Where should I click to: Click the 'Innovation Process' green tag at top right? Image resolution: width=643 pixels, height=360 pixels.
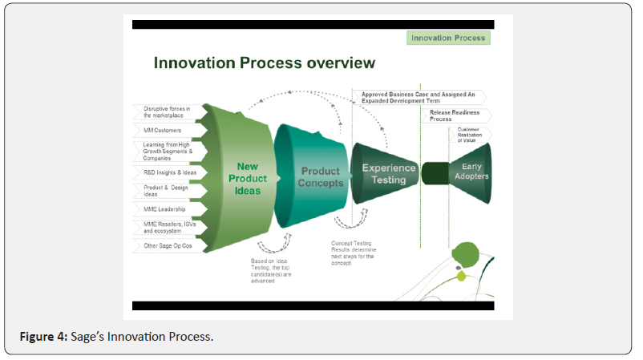pos(448,38)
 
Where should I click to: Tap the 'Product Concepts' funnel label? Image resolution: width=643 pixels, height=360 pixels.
pos(321,176)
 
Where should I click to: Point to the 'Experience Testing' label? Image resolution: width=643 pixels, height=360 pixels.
pos(389,173)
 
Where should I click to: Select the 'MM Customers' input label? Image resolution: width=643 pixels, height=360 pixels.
pos(162,130)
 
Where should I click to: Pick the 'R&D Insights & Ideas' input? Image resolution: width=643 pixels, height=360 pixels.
pos(170,172)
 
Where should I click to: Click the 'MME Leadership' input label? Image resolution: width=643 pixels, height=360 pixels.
pos(165,209)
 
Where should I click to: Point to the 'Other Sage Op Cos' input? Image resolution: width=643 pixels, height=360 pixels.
pos(168,245)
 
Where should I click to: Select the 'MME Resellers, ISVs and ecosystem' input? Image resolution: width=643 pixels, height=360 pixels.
pos(169,227)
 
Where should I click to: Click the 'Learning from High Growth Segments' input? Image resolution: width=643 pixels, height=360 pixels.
pos(169,151)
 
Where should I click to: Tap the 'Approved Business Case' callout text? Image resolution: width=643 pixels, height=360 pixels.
pos(418,98)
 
